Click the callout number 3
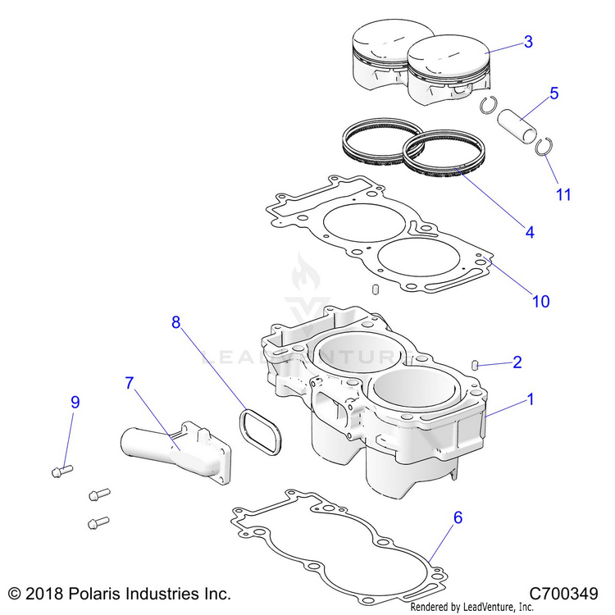click(x=527, y=42)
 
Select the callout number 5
click(x=553, y=93)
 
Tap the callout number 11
click(x=563, y=194)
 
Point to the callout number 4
click(x=529, y=232)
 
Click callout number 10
click(x=540, y=301)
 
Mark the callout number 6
click(x=458, y=517)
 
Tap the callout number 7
click(x=129, y=383)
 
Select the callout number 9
click(x=75, y=402)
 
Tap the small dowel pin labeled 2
click(x=474, y=364)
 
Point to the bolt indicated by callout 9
click(x=61, y=470)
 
